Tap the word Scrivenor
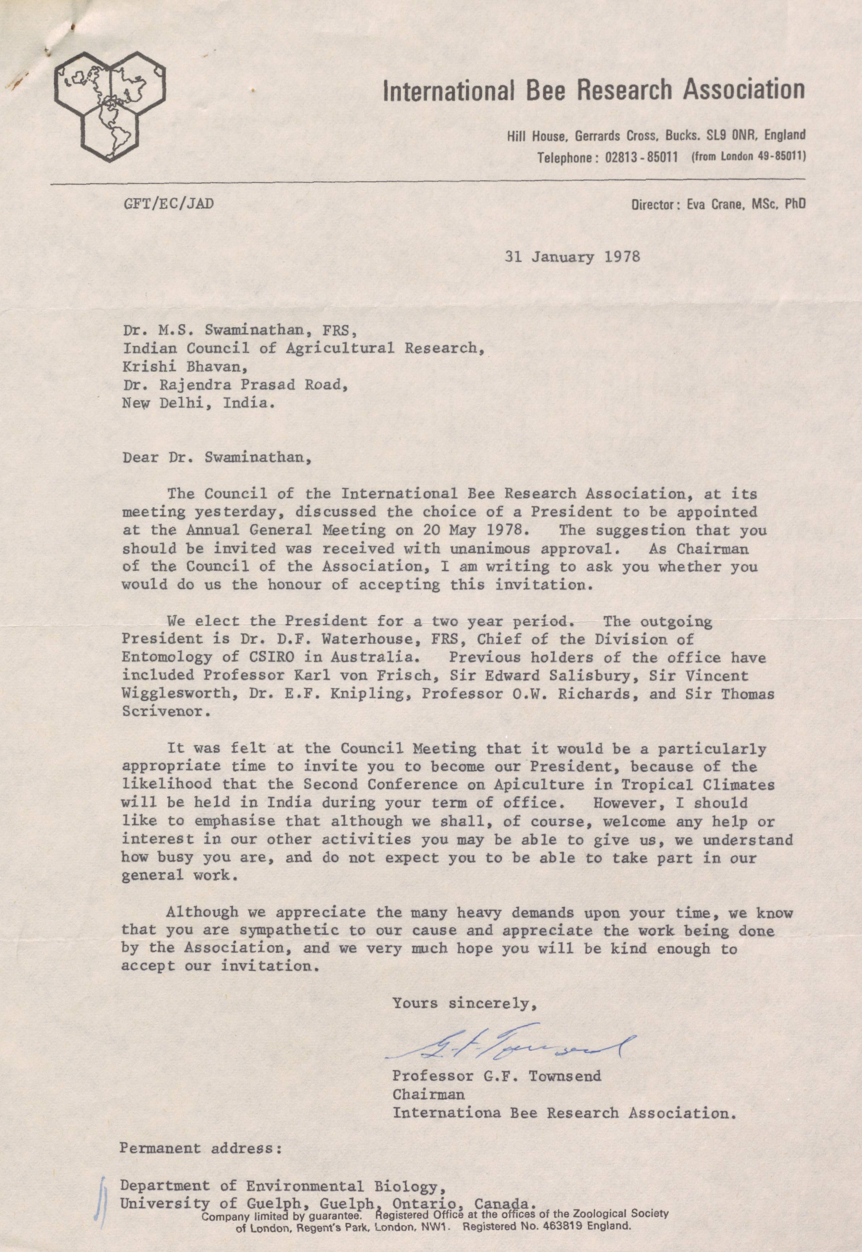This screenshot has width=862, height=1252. pyautogui.click(x=162, y=711)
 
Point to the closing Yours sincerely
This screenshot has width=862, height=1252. pyautogui.click(x=464, y=1003)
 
